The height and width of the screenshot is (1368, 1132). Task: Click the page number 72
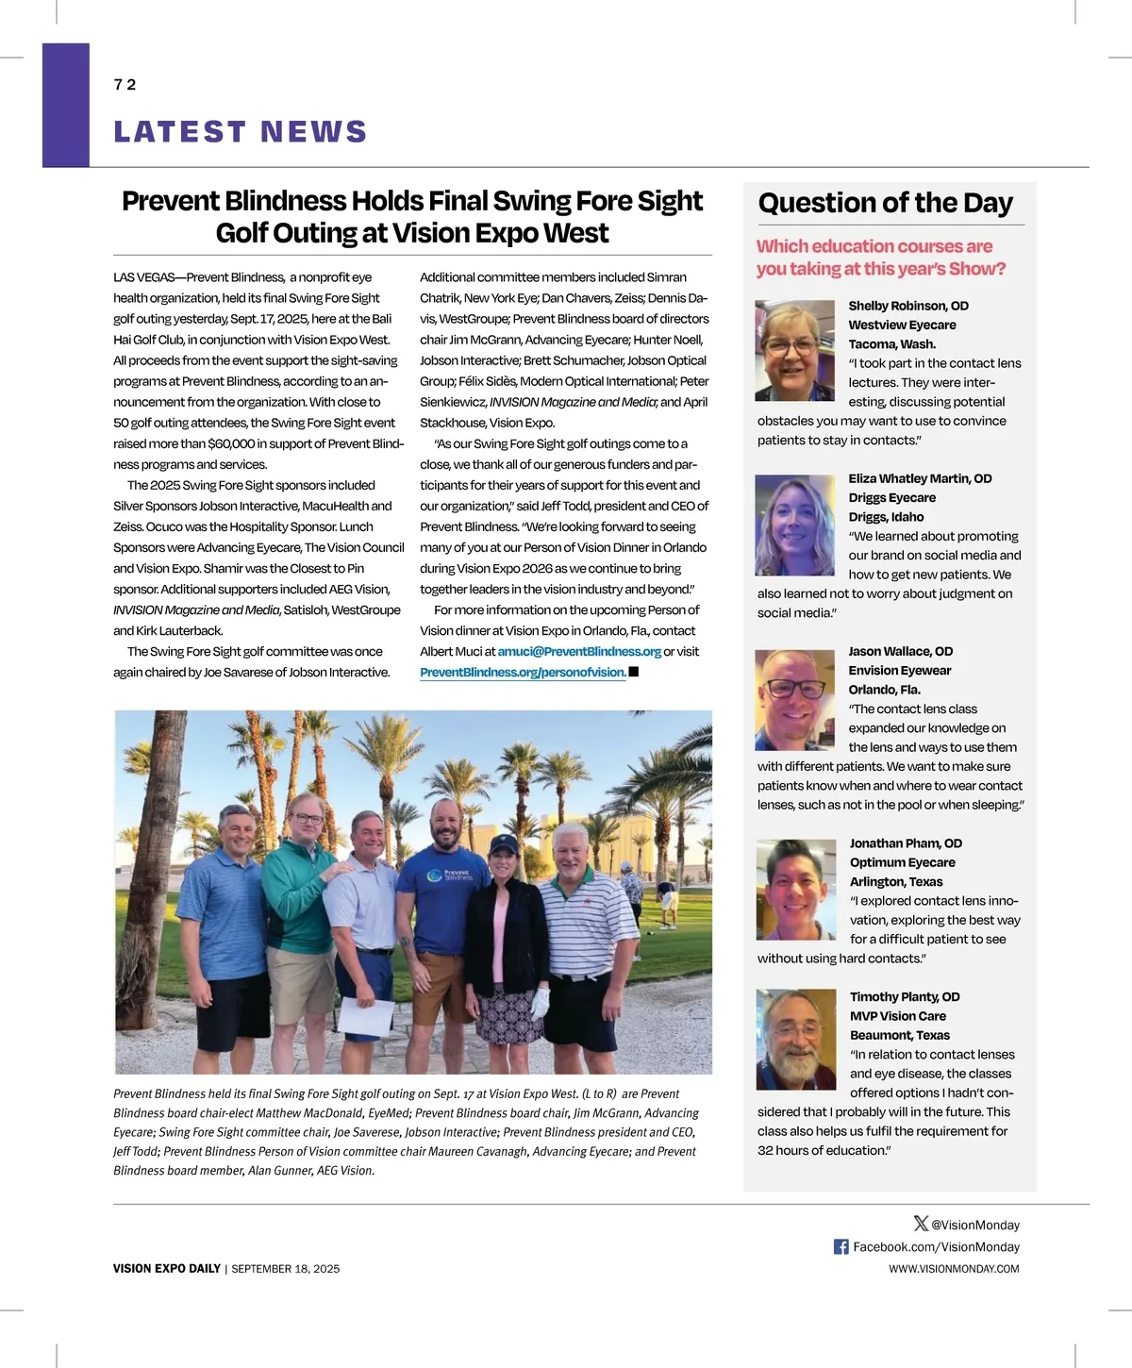125,85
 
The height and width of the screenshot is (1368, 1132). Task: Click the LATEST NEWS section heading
241,132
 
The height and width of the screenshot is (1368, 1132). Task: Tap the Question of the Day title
885,203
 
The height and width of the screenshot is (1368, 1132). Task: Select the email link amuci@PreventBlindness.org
579,652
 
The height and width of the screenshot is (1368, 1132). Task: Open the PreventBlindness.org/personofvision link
523,673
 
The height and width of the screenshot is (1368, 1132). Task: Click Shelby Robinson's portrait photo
795,350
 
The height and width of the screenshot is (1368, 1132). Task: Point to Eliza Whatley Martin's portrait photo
795,526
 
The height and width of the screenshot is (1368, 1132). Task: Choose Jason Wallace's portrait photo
795,699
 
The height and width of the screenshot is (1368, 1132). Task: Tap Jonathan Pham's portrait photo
795,890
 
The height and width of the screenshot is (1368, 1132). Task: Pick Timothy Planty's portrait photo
795,1040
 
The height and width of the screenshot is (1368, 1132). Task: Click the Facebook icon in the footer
841,1247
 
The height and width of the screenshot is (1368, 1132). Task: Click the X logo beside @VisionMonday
921,1224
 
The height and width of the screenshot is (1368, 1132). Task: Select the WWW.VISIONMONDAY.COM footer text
954,1269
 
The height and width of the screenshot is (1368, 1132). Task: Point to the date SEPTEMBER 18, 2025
286,1269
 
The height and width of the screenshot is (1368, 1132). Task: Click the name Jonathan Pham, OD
906,843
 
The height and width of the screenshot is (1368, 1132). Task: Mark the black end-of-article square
634,672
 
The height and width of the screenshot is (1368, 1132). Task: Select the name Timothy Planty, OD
905,997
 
